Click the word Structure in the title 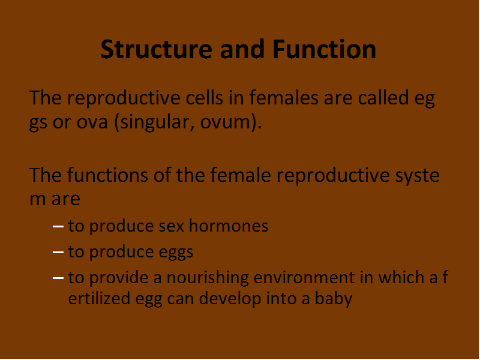click(x=157, y=49)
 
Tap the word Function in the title click(x=324, y=49)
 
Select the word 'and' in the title click(x=242, y=49)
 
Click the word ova click(x=92, y=122)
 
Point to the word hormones click(x=229, y=226)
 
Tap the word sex click(x=172, y=227)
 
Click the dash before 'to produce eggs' click(x=58, y=252)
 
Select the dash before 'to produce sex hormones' click(x=58, y=227)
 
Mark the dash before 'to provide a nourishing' click(x=58, y=278)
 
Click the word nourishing click(x=208, y=278)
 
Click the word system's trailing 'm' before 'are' click(x=37, y=200)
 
